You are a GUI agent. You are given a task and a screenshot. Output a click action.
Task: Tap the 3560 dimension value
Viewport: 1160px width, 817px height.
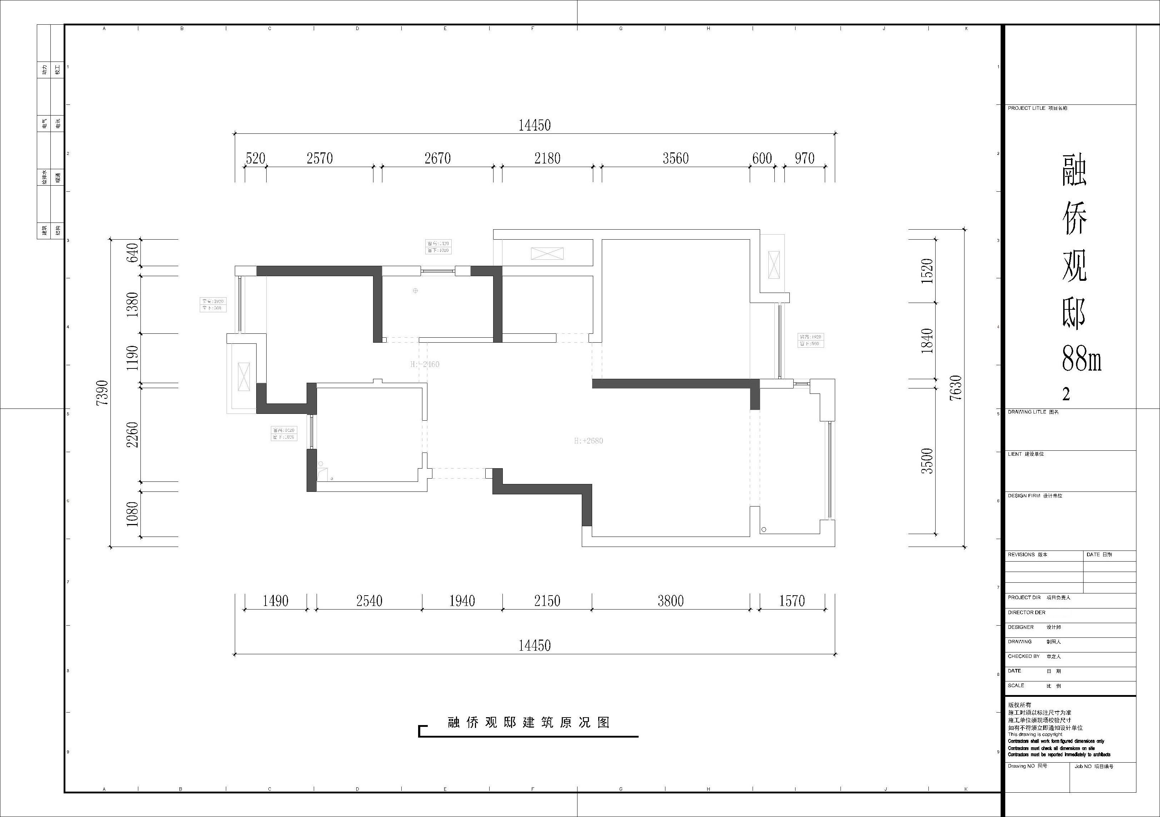(675, 159)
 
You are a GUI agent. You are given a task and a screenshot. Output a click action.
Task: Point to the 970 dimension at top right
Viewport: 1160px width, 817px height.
(804, 159)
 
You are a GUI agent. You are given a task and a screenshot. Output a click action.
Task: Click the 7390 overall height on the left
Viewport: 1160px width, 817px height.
(102, 393)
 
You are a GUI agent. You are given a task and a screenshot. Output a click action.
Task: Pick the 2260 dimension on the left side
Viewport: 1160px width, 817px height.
(132, 434)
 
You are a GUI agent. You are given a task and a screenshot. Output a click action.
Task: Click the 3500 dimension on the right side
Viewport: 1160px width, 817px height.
(927, 461)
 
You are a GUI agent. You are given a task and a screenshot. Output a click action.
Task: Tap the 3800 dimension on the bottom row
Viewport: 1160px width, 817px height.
(670, 601)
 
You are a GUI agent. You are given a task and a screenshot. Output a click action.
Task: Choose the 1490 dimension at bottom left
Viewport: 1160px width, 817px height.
(276, 601)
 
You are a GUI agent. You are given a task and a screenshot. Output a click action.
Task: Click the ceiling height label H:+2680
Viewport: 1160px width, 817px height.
(588, 441)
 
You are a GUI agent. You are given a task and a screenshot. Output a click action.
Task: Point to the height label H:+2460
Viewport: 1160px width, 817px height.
(425, 364)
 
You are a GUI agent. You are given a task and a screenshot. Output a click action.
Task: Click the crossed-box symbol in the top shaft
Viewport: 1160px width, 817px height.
(547, 253)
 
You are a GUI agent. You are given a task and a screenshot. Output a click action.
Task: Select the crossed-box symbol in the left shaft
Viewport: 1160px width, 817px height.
(243, 377)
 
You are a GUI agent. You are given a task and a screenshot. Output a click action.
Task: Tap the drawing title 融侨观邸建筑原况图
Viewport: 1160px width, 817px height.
(529, 723)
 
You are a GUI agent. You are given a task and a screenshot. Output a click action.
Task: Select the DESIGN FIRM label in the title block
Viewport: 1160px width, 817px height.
(1024, 496)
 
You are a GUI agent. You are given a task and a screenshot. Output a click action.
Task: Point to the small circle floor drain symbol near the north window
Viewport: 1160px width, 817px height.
(415, 291)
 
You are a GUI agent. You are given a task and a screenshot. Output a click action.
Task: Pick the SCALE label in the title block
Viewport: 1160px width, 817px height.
(1016, 686)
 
